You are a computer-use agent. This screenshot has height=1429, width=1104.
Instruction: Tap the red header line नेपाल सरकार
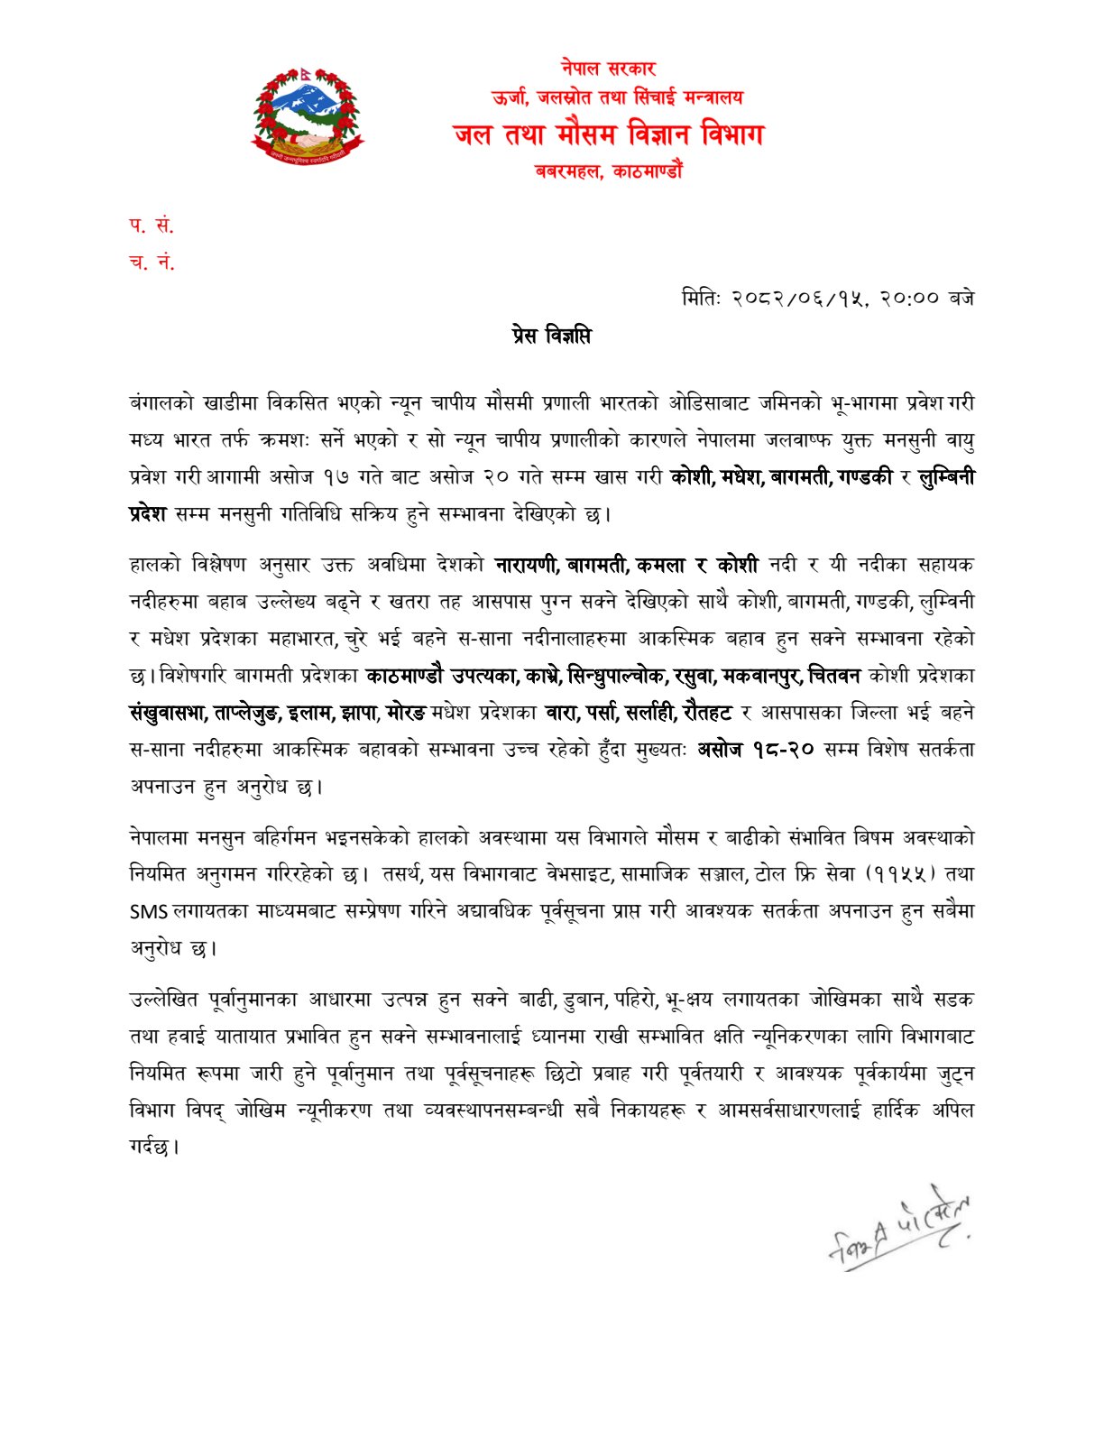coord(608,68)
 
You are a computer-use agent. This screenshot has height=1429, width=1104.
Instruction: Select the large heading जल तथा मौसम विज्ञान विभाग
coord(608,135)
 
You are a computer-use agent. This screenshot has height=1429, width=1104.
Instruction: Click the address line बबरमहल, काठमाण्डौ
coord(608,171)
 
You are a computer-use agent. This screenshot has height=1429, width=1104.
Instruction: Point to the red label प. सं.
coord(151,226)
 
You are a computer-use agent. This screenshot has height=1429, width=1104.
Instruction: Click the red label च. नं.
coord(152,263)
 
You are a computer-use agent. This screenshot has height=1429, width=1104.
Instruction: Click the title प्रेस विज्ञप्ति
coord(549,337)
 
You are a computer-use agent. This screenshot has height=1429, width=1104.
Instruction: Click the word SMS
coord(149,912)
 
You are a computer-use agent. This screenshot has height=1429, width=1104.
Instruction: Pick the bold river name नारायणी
coord(527,566)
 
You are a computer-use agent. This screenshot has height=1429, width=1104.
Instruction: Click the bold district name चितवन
coord(833,676)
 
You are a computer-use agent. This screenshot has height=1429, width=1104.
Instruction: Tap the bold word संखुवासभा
coord(168,713)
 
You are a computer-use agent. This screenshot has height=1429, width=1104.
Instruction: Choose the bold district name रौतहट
coord(707,713)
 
